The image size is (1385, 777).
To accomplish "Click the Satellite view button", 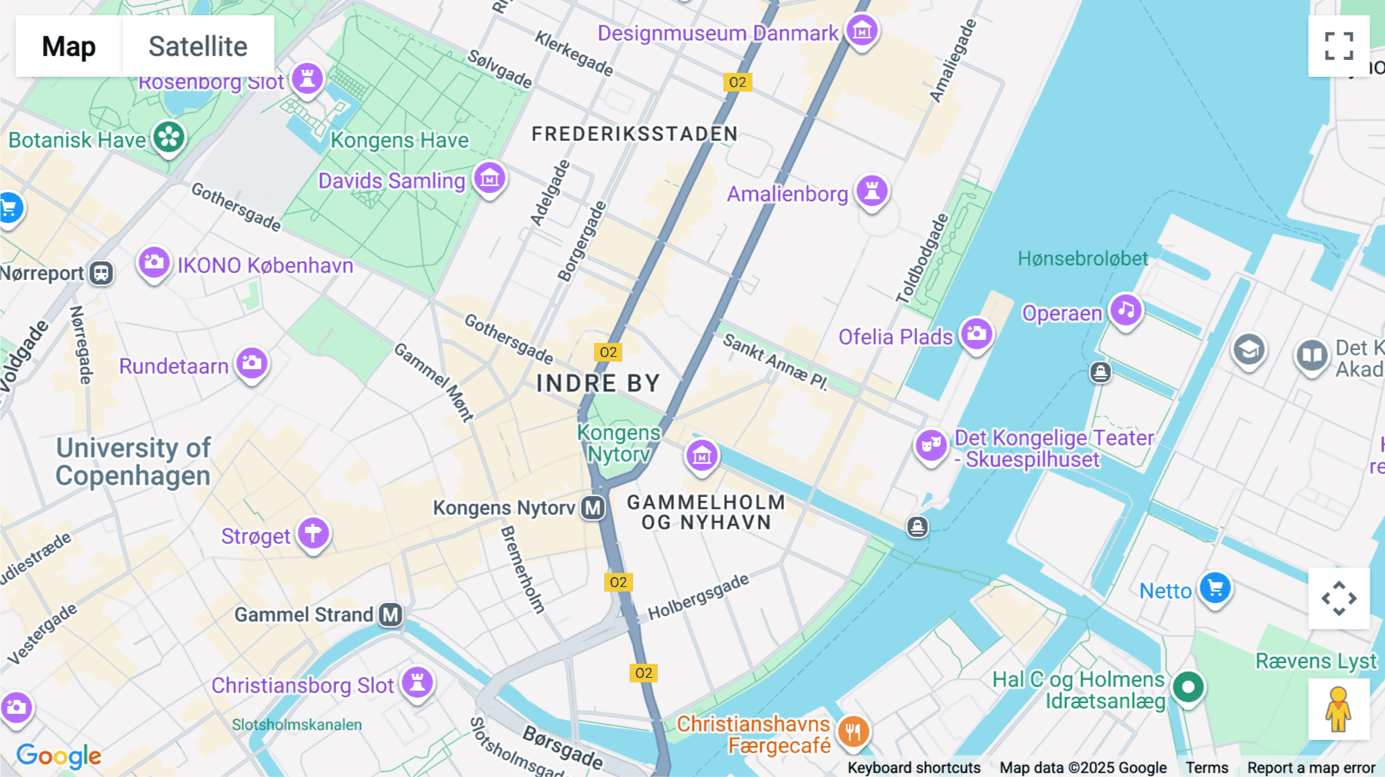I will click(x=198, y=46).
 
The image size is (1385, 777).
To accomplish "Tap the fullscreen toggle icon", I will click(x=1339, y=46).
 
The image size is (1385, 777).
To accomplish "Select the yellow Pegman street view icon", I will click(x=1338, y=709).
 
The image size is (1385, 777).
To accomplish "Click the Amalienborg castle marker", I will click(x=872, y=190).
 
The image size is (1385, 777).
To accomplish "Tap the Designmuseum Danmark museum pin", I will click(x=862, y=31).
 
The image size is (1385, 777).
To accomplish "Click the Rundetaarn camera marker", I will click(x=252, y=363).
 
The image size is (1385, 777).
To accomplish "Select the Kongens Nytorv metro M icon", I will click(x=592, y=508).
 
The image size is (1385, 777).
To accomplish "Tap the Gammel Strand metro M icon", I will click(x=391, y=615).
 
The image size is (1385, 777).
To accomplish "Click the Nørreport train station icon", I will click(x=101, y=273).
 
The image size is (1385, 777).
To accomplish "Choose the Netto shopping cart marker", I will click(x=1215, y=589).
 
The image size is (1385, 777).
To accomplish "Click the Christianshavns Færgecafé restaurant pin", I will click(x=853, y=732).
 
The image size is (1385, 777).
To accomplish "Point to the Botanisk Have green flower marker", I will click(x=169, y=138).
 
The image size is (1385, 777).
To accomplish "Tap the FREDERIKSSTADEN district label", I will click(x=634, y=134).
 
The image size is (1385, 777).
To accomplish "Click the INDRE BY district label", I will click(x=598, y=383).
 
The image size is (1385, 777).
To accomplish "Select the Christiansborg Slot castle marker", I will click(x=417, y=682).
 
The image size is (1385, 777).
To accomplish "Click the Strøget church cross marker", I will click(x=313, y=533).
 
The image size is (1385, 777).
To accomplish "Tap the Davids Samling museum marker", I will click(x=489, y=179).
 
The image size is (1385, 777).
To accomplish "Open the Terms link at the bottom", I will click(x=1206, y=767).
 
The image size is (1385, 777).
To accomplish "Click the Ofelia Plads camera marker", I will click(x=976, y=335).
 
